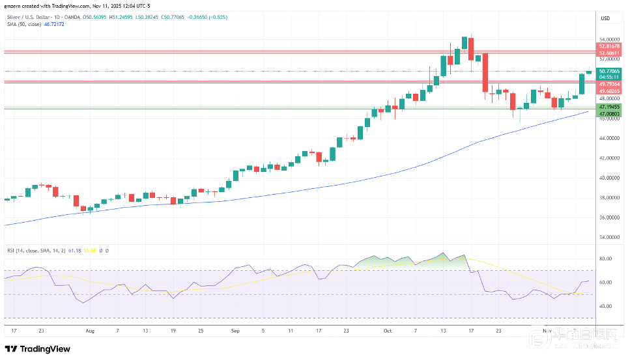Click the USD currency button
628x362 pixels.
click(605, 18)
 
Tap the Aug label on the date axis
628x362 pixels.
click(89, 330)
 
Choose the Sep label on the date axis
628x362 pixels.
click(235, 330)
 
